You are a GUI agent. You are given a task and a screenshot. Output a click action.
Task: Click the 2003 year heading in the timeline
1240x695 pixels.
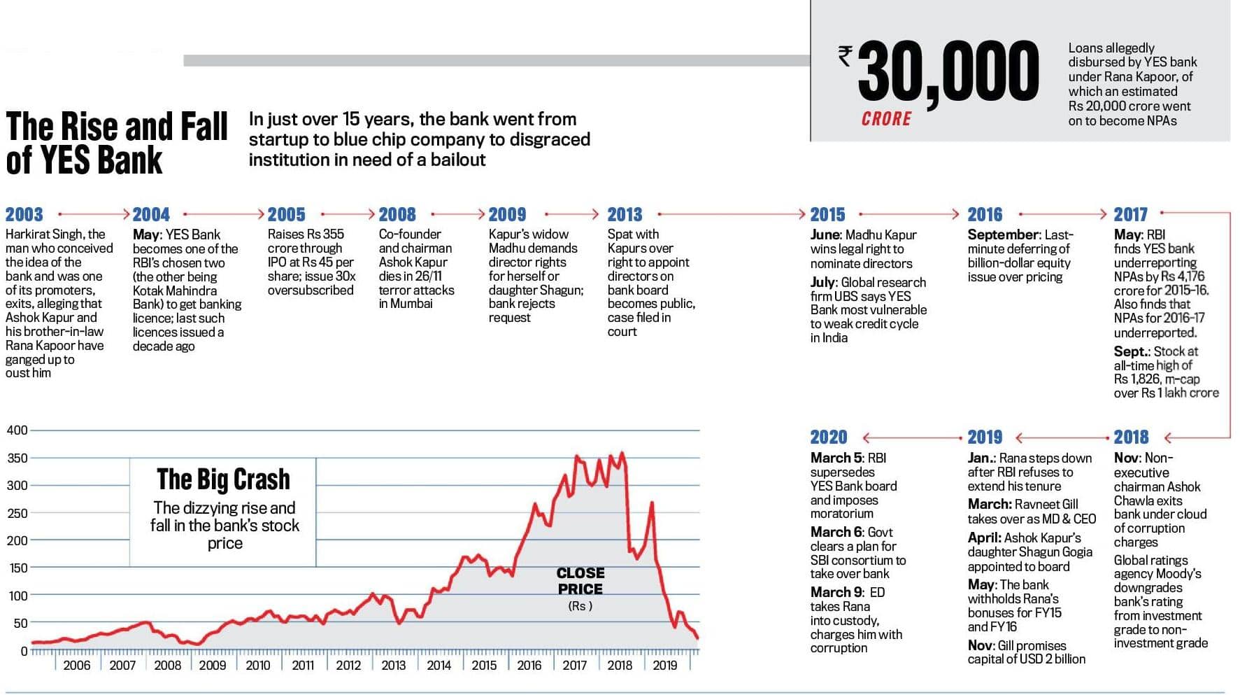pos(24,214)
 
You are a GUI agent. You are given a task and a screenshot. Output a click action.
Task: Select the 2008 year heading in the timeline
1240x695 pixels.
pos(397,214)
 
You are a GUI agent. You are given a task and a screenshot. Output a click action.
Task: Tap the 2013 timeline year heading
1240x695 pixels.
pos(625,214)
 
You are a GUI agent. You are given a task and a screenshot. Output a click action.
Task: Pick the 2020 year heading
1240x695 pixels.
pos(829,437)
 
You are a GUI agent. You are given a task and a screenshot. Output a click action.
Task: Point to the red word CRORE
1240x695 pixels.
pos(886,119)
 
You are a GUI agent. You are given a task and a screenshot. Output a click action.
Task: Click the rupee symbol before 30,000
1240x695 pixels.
pos(846,55)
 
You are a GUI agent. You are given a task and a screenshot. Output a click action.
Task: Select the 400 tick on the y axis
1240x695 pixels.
pos(17,430)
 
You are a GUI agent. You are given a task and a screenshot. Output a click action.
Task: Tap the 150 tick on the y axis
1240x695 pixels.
pos(17,568)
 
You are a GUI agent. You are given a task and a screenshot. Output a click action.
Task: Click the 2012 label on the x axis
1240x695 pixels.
pos(348,666)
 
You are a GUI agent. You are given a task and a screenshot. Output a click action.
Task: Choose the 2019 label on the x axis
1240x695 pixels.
pos(664,666)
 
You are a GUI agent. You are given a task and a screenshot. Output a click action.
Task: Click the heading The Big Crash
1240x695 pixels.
pos(223,479)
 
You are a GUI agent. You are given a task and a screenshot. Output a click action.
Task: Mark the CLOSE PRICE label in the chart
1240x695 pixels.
pos(580,581)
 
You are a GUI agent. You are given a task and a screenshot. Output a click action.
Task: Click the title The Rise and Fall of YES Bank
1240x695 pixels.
pos(117,143)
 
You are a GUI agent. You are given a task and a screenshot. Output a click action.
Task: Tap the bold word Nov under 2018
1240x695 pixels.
pos(1125,458)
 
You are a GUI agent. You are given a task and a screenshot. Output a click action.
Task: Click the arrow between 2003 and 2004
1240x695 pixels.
pos(94,214)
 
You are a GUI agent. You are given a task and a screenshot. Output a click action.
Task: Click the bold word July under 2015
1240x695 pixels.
pos(823,283)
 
